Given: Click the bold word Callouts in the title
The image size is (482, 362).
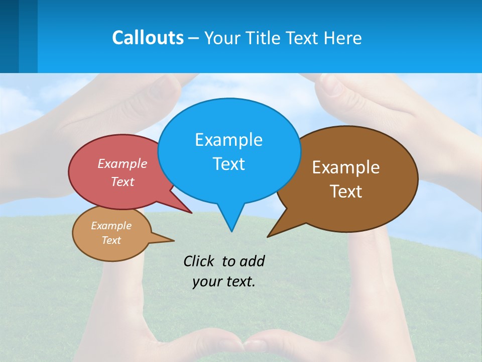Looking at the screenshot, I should click(148, 38).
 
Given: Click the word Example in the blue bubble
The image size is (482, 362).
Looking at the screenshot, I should click(228, 139).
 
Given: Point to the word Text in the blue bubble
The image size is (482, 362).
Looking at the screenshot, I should click(228, 163).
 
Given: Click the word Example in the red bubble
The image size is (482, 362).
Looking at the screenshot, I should click(122, 163).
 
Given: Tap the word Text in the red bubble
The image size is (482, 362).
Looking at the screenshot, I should click(122, 182).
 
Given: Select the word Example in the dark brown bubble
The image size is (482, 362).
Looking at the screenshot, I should click(346, 167).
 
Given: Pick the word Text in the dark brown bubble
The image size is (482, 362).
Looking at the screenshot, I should click(346, 192).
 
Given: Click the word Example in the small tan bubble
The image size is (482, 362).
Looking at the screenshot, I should click(111, 226).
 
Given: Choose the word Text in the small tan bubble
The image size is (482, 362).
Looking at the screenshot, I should click(111, 240).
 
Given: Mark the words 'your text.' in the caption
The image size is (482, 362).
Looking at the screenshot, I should click(223, 282).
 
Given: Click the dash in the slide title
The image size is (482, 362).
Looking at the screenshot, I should click(194, 38).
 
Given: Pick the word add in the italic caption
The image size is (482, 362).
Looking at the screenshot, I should click(252, 261).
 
